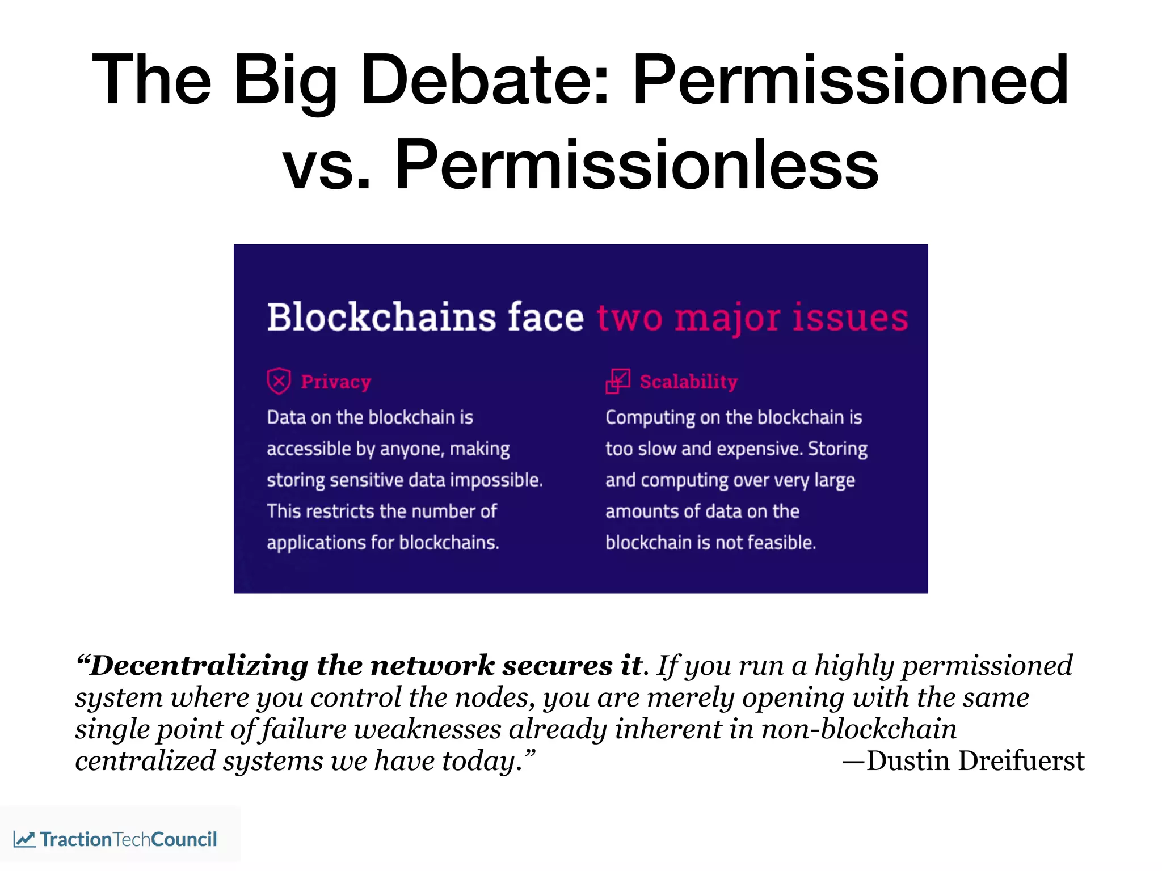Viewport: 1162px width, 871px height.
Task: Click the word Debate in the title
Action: pos(483,81)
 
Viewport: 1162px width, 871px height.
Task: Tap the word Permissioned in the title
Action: pos(850,81)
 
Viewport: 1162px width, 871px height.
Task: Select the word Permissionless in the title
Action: pos(636,166)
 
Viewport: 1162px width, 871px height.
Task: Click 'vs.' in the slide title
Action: pos(326,166)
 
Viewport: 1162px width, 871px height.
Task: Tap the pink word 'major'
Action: pos(727,318)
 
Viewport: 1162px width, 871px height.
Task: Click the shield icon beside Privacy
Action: pos(279,381)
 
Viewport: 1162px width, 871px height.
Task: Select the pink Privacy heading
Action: pos(336,382)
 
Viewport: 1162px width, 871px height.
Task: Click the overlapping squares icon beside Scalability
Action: pos(617,381)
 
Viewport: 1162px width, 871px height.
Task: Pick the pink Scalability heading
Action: pos(688,382)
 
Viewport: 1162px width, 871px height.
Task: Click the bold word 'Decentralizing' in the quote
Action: pos(199,666)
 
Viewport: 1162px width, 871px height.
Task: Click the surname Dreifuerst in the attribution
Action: pos(1021,761)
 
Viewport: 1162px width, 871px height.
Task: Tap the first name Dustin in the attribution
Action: pos(907,761)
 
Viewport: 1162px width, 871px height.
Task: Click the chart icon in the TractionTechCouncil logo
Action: pos(24,839)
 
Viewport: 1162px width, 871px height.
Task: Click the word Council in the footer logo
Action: pos(184,839)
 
